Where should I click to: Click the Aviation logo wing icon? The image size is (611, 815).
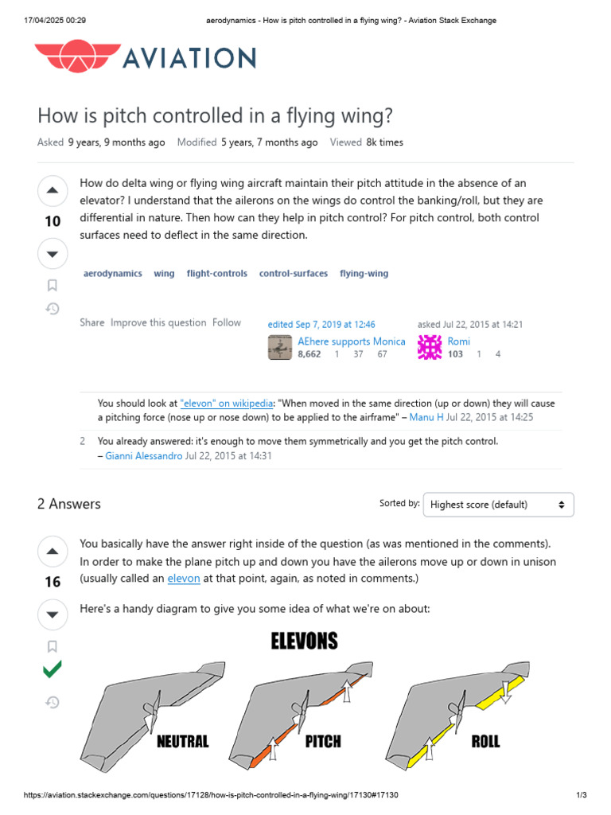[x=75, y=58]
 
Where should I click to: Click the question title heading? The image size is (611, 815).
[x=215, y=115]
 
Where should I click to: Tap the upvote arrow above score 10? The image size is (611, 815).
[x=53, y=190]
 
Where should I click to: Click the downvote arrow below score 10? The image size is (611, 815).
[x=53, y=254]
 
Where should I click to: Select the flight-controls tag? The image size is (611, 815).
[x=216, y=273]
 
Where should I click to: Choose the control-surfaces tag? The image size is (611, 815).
[x=293, y=273]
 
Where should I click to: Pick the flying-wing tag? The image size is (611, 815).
[x=364, y=273]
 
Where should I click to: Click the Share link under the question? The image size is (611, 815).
[x=92, y=322]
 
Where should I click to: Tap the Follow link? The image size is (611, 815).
[x=226, y=322]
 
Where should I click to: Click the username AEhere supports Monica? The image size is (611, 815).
[x=351, y=341]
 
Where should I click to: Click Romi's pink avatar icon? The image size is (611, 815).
[x=430, y=347]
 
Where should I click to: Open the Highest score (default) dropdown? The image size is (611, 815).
[x=498, y=505]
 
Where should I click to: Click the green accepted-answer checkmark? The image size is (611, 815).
[x=53, y=670]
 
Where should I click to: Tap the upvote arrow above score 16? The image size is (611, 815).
[x=53, y=551]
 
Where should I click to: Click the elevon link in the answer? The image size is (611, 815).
[x=183, y=579]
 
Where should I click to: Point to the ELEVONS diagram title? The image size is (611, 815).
[x=305, y=641]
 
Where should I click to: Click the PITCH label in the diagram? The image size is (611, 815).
[x=323, y=742]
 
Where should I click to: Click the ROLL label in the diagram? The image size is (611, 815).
[x=485, y=742]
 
